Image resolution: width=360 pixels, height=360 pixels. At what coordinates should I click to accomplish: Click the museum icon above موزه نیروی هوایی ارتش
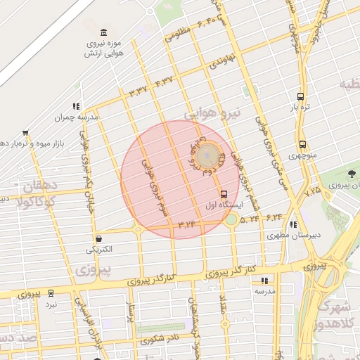pyautogui.click(x=104, y=32)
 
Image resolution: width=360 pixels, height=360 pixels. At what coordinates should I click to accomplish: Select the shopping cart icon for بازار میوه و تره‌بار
pyautogui.click(x=25, y=133)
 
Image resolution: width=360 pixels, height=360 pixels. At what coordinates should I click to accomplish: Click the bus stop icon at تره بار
pyautogui.click(x=301, y=96)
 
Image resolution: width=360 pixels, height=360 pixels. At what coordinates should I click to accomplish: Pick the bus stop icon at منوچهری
pyautogui.click(x=302, y=143)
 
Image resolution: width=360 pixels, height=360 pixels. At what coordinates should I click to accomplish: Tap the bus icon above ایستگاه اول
pyautogui.click(x=224, y=193)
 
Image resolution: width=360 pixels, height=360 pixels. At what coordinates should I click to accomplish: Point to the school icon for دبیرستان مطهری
pyautogui.click(x=292, y=224)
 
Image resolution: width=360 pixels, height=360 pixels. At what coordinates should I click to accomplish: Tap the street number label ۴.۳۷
pyautogui.click(x=164, y=82)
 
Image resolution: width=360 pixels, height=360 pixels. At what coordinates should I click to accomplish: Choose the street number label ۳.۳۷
pyautogui.click(x=138, y=91)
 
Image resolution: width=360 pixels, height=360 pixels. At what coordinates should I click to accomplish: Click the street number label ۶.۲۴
pyautogui.click(x=273, y=217)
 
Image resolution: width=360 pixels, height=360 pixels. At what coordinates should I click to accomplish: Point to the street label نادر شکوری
pyautogui.click(x=162, y=340)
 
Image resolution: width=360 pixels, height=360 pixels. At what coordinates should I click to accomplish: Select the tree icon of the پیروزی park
pyautogui.click(x=352, y=174)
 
